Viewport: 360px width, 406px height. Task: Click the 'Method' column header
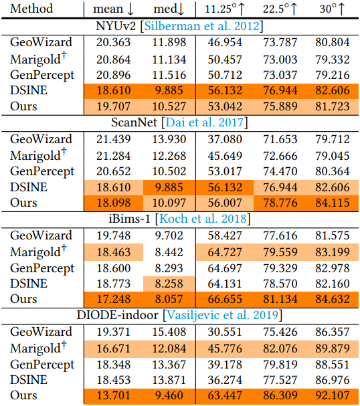pos(31,9)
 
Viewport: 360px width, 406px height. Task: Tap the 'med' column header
pos(169,9)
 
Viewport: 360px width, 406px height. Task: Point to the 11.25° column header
pos(225,9)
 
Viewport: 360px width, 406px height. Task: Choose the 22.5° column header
pos(280,9)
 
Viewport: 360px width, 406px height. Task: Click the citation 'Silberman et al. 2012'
pos(201,26)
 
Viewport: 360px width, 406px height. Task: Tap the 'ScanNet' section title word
pos(134,122)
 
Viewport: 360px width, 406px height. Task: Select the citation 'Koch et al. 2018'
pos(203,219)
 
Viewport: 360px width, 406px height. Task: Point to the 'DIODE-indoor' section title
pos(117,315)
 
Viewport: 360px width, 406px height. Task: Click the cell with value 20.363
pos(114,42)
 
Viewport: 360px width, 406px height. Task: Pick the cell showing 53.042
pos(225,106)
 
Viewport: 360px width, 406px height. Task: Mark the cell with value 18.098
pos(114,203)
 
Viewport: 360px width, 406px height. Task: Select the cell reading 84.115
pos(333,203)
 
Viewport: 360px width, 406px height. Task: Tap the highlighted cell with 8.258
pos(169,284)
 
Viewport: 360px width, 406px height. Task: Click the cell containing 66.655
pos(225,299)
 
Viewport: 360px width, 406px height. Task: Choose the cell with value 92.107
pos(333,395)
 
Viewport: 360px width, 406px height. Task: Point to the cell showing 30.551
pos(225,332)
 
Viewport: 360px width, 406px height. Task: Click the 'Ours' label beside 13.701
pos(23,395)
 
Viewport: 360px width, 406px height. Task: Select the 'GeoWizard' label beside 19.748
pos(41,235)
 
